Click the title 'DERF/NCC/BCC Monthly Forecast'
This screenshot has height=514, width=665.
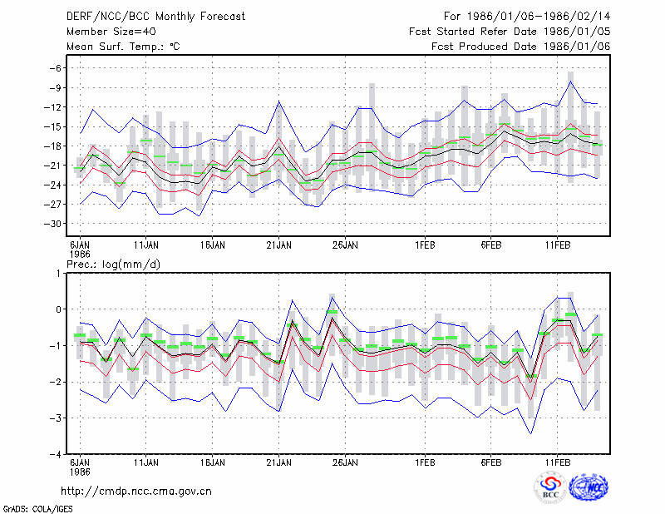(155, 17)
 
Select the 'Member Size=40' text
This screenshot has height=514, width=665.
(111, 32)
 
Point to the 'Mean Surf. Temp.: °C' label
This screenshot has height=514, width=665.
(123, 47)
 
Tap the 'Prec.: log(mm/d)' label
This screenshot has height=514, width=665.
(113, 264)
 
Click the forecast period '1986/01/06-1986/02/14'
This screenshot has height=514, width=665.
(539, 17)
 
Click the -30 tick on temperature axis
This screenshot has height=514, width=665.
(52, 224)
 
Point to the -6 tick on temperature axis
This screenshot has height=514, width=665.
(56, 68)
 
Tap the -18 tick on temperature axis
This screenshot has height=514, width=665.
(52, 146)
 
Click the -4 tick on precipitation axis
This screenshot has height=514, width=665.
(56, 454)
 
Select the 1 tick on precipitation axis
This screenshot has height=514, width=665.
(58, 274)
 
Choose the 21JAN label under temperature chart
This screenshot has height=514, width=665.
(278, 245)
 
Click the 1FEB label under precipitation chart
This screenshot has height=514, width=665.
(425, 462)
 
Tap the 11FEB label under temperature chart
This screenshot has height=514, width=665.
(557, 245)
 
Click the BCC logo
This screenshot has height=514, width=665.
(550, 487)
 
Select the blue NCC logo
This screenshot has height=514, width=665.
(589, 487)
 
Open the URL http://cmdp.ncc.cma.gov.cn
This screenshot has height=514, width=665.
(136, 492)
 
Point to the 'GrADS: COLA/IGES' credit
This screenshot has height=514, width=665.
(37, 509)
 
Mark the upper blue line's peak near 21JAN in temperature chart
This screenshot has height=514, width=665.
(278, 101)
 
